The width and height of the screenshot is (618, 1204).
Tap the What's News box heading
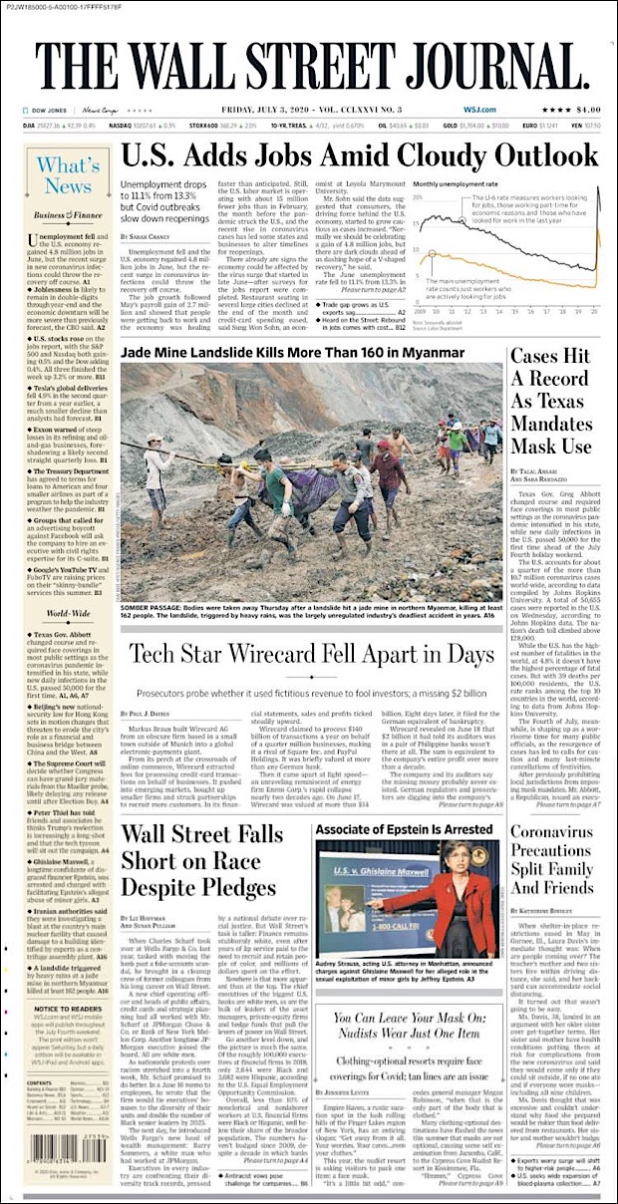tap(66, 176)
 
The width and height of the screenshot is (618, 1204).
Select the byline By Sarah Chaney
tap(145, 235)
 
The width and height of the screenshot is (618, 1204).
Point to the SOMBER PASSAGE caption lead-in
tap(149, 607)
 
